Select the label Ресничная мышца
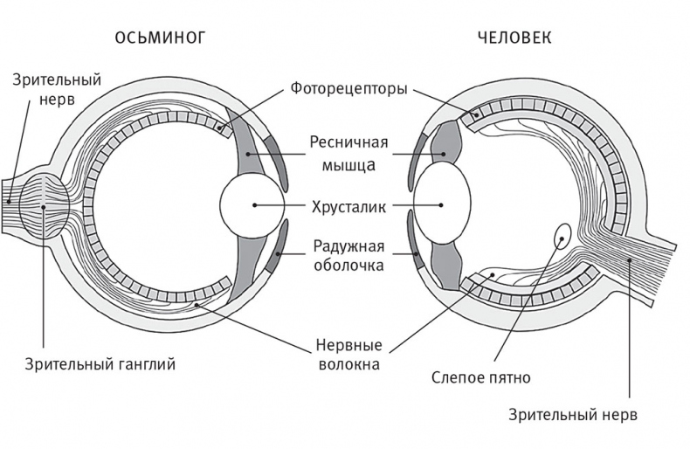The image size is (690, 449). (x=348, y=151)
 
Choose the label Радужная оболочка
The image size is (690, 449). (x=348, y=254)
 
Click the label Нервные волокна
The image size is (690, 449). (x=347, y=354)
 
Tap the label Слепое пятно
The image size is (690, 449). (x=481, y=378)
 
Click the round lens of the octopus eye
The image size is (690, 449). (x=252, y=205)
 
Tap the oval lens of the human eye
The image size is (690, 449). (x=442, y=205)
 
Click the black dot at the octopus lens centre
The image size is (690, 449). (x=254, y=205)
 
